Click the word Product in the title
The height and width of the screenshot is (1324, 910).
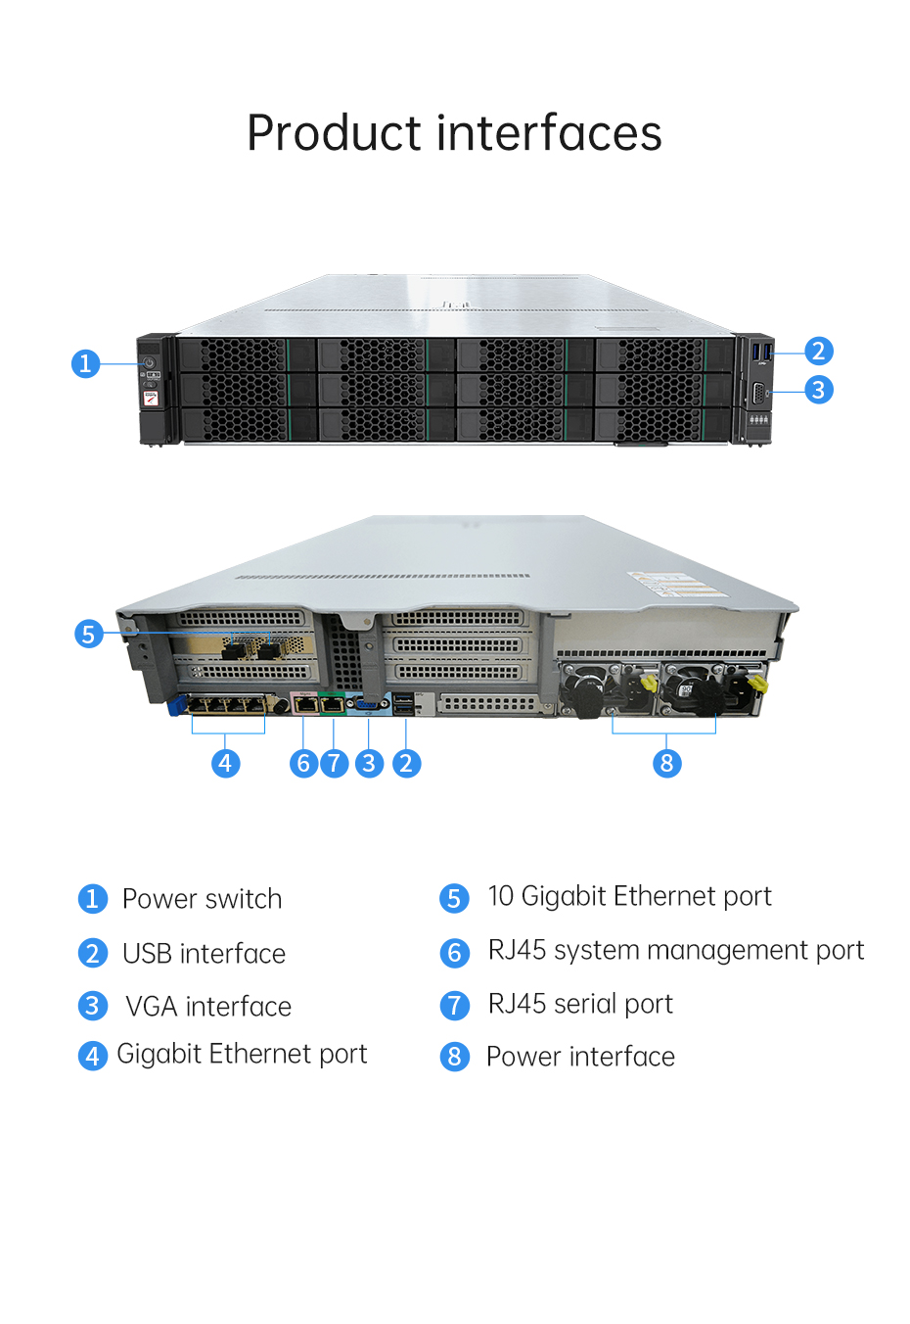click(x=334, y=133)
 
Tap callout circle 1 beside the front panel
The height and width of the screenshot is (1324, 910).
click(x=85, y=362)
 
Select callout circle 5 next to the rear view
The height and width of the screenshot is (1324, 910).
click(x=89, y=633)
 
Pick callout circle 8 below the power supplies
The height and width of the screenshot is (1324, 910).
click(x=666, y=763)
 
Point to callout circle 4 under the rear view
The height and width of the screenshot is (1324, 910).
click(x=226, y=763)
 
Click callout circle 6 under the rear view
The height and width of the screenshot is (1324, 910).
click(x=303, y=763)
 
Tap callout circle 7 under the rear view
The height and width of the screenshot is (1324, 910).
click(x=335, y=763)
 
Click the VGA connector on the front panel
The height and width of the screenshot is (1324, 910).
click(x=758, y=393)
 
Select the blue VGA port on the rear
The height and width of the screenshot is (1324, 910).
click(x=369, y=704)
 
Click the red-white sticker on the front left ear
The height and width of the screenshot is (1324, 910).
click(x=151, y=398)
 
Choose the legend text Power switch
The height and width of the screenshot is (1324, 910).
click(x=202, y=898)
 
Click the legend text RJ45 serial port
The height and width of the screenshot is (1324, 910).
click(x=580, y=1004)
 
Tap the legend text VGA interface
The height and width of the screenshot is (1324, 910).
click(x=208, y=1006)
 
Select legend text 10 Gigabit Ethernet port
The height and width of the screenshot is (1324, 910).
click(x=629, y=897)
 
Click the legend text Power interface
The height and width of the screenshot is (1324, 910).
click(x=580, y=1057)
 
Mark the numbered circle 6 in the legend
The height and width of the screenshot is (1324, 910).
click(x=454, y=953)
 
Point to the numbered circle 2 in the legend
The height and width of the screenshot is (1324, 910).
click(x=93, y=953)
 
